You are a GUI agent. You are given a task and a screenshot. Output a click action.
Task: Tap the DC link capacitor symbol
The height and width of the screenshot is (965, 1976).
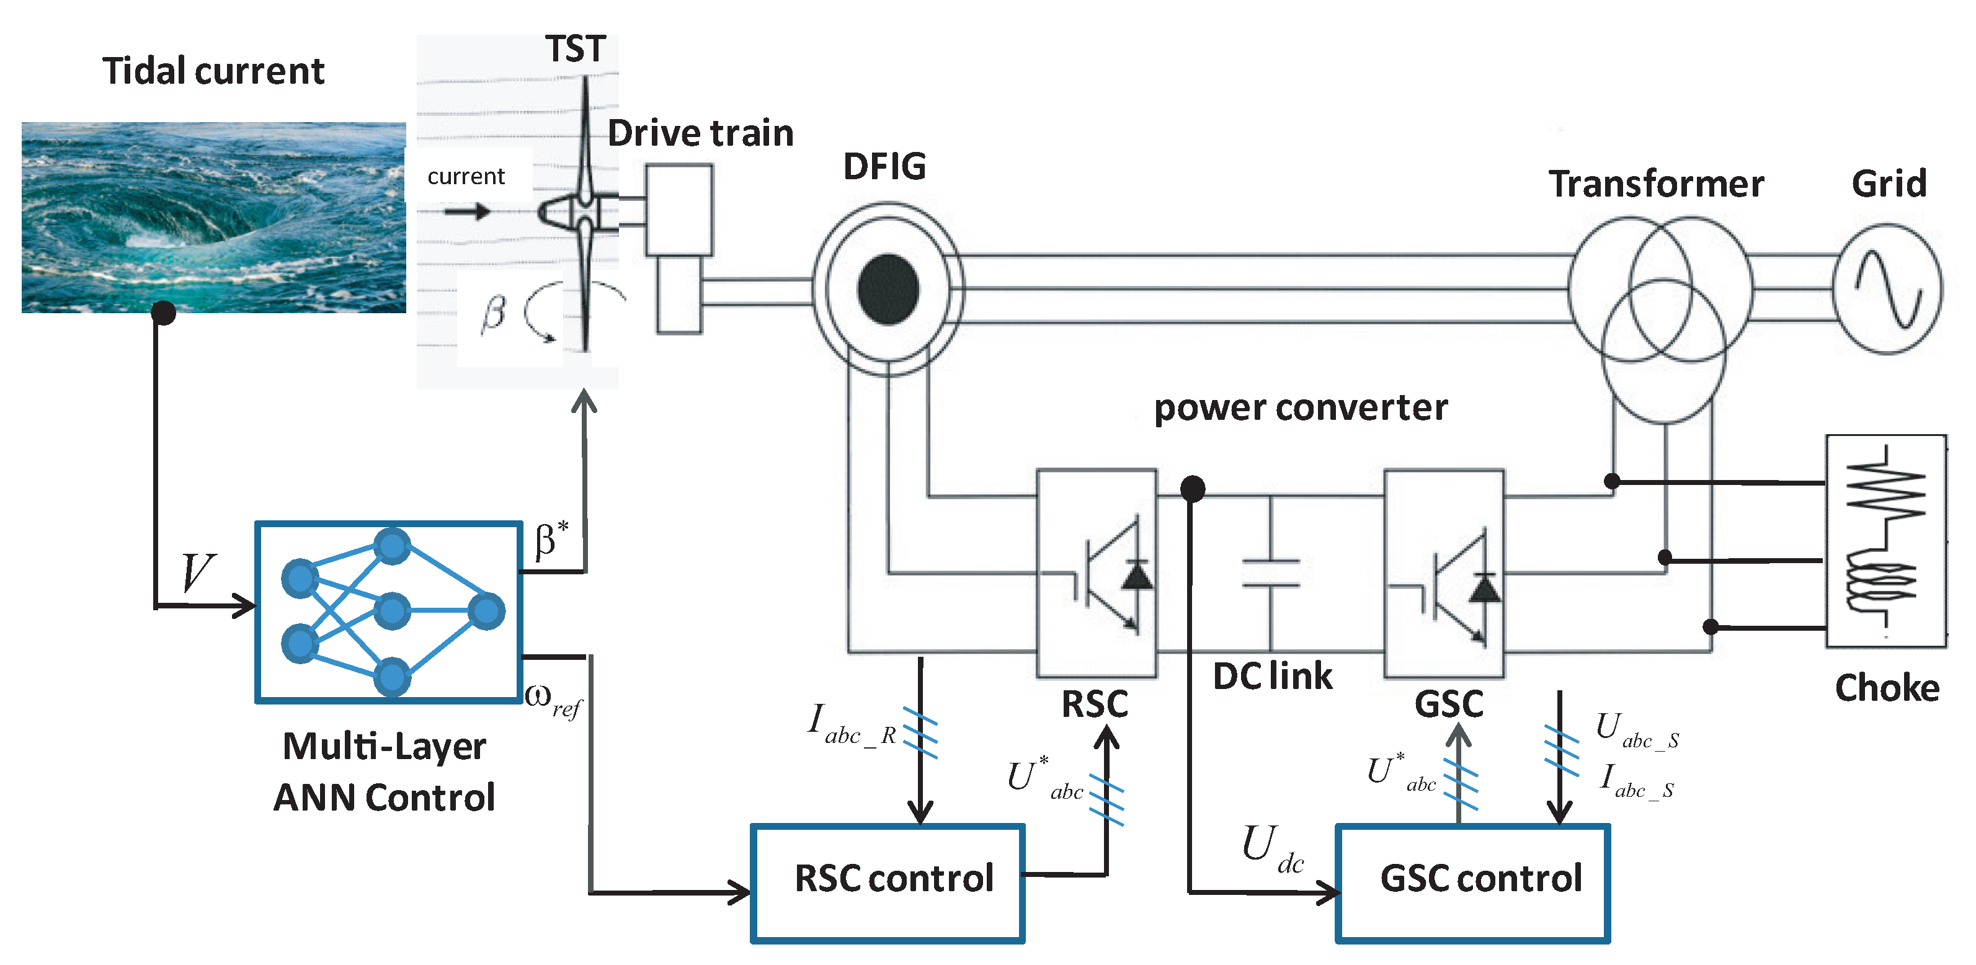[x=1270, y=573]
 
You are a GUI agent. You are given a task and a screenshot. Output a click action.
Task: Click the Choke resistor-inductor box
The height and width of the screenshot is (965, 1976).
[x=1885, y=541]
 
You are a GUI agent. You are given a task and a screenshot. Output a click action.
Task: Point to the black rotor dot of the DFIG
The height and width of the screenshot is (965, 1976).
[x=888, y=289]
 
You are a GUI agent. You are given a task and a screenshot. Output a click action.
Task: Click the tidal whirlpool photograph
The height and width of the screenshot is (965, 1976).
[x=213, y=217]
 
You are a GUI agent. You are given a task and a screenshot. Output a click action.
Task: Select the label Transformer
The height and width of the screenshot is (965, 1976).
[x=1655, y=184]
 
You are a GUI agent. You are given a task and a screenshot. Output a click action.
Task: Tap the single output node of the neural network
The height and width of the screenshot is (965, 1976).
[x=486, y=611]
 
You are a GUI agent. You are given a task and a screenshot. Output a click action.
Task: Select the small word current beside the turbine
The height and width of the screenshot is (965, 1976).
[x=466, y=176]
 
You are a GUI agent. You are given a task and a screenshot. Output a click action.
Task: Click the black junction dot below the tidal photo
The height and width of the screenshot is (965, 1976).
[x=163, y=312]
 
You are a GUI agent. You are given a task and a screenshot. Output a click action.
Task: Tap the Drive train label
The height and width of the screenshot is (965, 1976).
[x=700, y=133]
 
